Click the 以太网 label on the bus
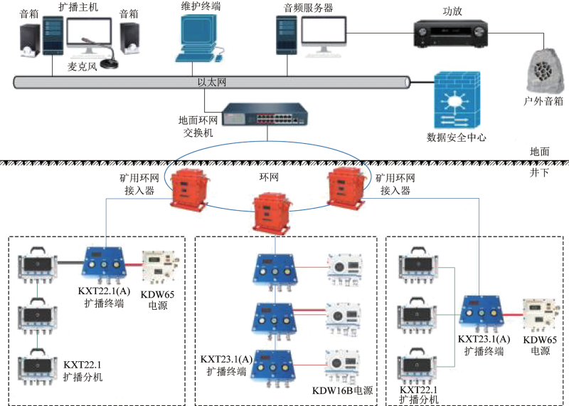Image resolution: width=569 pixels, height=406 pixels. (211, 82)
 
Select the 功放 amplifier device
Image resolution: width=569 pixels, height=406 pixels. (451, 33)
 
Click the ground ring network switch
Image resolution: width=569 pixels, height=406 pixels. (265, 114)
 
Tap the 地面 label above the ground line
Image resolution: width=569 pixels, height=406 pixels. (540, 151)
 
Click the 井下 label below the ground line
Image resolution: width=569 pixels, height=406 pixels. (539, 172)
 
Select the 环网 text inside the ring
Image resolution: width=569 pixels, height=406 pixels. (269, 177)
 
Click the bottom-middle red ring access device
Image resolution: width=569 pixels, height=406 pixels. (272, 213)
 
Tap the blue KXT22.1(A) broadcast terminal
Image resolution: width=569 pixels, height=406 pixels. (105, 264)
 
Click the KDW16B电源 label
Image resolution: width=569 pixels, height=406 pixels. (342, 390)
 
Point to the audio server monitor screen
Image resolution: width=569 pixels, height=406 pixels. (324, 31)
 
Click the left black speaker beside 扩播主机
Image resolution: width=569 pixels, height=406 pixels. (30, 41)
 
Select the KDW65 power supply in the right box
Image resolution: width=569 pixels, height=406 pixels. (538, 315)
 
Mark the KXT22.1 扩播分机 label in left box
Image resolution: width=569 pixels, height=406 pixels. (83, 371)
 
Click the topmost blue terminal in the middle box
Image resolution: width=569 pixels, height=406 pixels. (275, 271)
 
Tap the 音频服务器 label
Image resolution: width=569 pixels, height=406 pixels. (308, 8)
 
